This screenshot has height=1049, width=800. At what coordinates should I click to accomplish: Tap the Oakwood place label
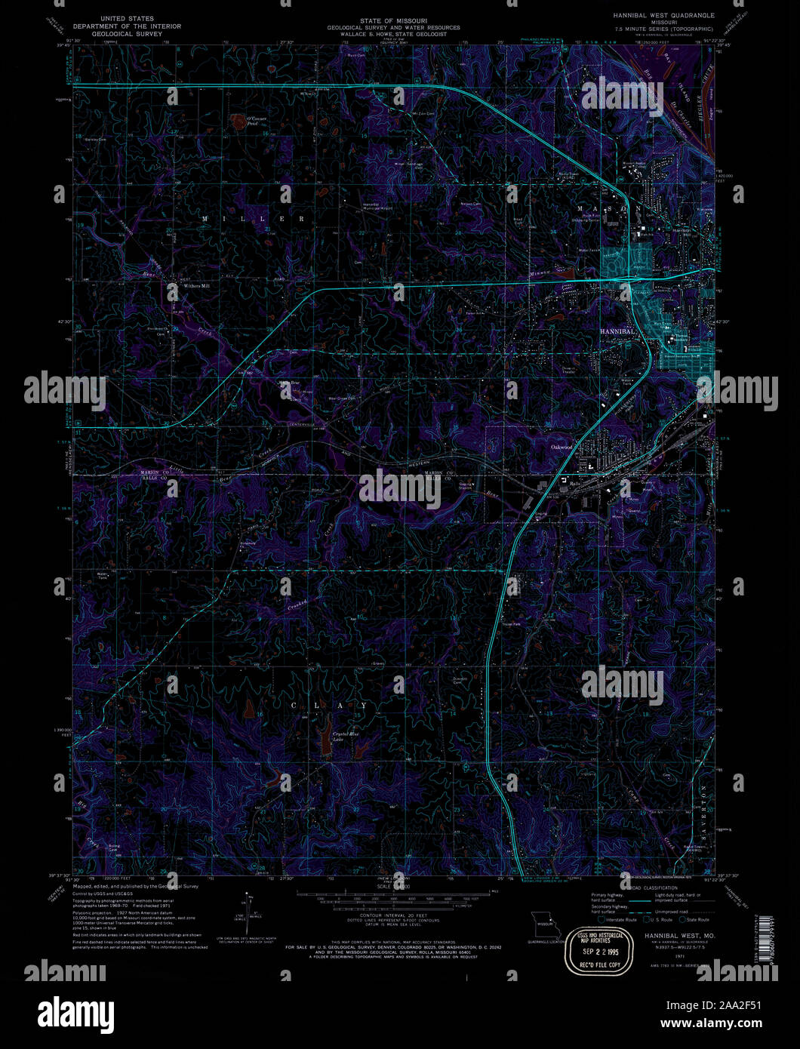coord(562,447)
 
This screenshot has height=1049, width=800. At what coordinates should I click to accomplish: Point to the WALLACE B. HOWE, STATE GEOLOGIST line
coord(392,34)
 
